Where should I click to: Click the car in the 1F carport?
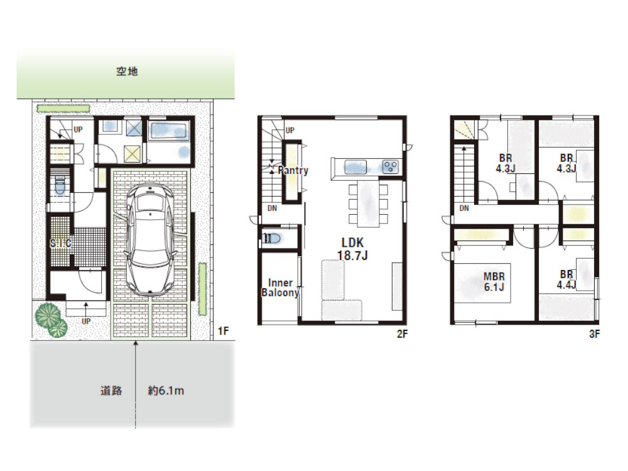[150, 239]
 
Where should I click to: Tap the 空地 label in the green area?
[127, 72]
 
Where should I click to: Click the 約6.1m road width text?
[166, 391]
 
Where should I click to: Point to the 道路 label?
[111, 391]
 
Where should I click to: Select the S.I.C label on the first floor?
[60, 243]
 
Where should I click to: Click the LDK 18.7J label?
[352, 249]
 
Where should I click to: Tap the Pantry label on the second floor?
[293, 170]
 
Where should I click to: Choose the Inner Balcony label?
[280, 288]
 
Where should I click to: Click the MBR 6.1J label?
[494, 281]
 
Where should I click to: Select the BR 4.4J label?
[566, 279]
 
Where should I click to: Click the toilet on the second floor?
[272, 239]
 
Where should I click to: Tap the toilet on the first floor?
[60, 187]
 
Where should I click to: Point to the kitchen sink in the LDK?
[355, 167]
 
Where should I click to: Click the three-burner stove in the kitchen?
[390, 167]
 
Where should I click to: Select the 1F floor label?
[223, 331]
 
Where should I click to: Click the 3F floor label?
[594, 333]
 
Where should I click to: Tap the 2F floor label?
[402, 333]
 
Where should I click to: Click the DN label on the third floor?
[464, 208]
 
